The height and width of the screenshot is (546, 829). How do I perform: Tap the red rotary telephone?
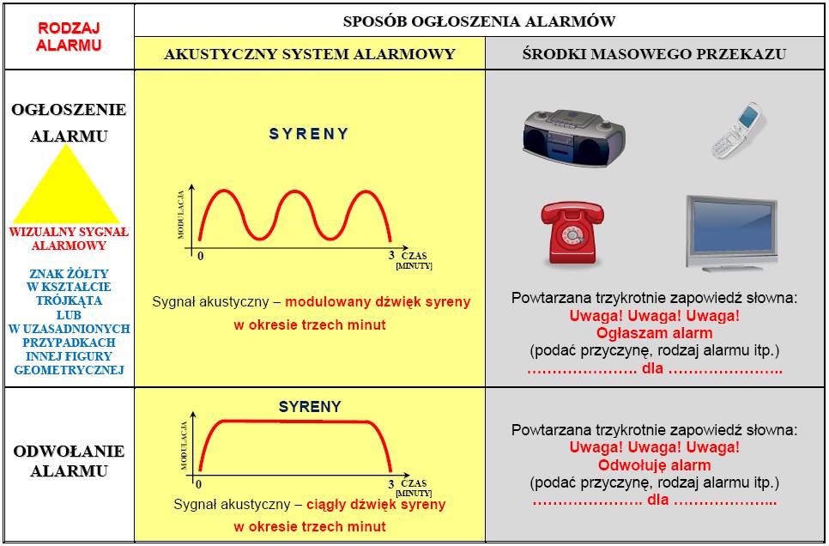point(572,234)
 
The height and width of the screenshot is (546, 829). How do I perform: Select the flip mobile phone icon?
point(737,130)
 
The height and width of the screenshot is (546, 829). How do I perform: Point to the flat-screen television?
point(732,234)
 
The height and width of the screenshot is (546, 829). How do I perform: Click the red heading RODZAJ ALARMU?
point(69,37)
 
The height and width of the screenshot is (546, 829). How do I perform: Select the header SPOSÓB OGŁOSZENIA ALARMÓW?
point(479,21)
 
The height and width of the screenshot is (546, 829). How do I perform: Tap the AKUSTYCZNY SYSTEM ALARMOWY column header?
point(310,54)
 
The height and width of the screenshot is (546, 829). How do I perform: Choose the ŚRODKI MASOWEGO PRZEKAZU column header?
point(654,54)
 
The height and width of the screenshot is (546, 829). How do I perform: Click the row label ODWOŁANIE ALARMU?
point(69,461)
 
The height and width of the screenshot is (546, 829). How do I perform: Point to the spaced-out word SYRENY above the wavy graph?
point(309,134)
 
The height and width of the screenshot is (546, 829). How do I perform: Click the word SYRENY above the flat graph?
point(310,407)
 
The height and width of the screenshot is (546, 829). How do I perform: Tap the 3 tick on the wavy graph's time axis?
point(391,256)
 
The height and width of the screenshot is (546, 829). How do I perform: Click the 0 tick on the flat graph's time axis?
point(199,484)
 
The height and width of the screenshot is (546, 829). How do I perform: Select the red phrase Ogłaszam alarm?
point(655,333)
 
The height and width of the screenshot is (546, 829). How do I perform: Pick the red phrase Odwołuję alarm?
point(655,465)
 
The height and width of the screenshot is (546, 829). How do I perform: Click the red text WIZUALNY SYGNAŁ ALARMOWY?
point(69,239)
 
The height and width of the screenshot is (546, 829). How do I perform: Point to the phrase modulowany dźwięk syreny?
point(378,301)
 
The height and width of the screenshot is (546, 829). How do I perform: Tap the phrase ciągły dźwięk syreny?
point(376,504)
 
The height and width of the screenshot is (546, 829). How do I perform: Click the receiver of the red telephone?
point(572,212)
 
